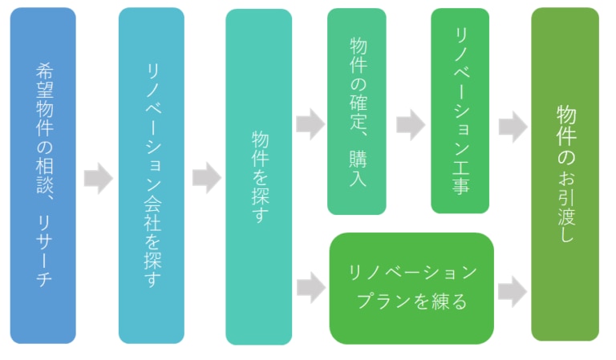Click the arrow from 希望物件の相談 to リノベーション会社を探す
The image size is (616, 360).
pyautogui.click(x=97, y=178)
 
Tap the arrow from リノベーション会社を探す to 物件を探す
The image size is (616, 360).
pyautogui.click(x=205, y=178)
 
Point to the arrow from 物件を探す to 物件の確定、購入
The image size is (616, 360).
pyautogui.click(x=310, y=125)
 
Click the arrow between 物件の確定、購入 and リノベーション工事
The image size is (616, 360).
pyautogui.click(x=410, y=125)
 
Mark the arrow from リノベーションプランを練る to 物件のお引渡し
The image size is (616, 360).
pyautogui.click(x=512, y=292)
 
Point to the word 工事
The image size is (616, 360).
pyautogui.click(x=460, y=178)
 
